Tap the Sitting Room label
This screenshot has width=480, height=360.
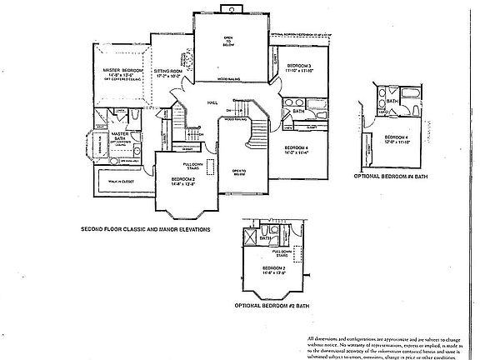point(167,72)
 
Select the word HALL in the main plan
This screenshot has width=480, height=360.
point(212,102)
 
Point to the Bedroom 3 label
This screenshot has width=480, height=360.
point(299,65)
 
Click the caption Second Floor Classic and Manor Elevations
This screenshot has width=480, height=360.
point(145,227)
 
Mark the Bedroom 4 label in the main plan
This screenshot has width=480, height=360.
point(298,147)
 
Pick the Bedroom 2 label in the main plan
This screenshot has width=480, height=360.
point(183,180)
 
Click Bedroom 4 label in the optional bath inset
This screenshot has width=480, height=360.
point(396,137)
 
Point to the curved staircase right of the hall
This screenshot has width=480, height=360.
point(259,122)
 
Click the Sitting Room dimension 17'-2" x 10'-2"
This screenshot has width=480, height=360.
point(167,77)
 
